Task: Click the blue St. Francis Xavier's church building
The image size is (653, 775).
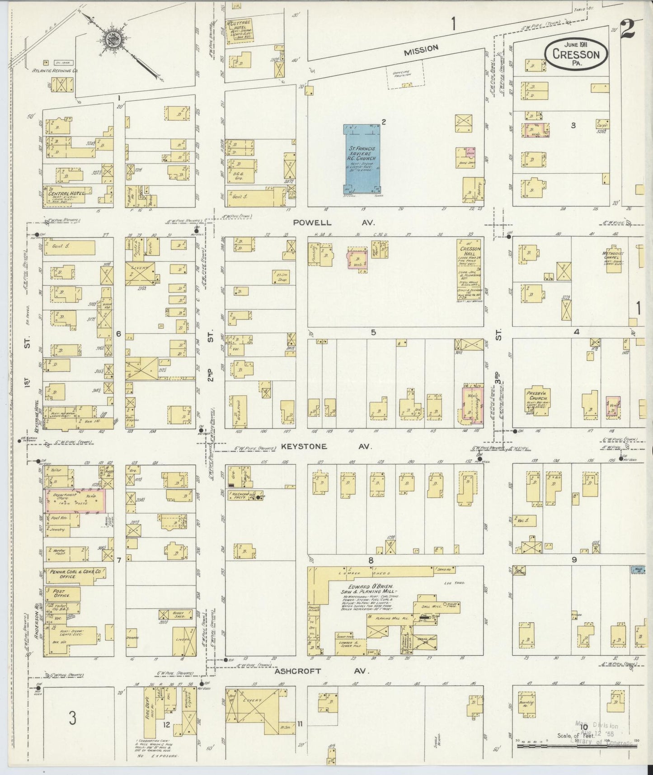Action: [362, 158]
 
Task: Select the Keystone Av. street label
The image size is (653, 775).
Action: [326, 446]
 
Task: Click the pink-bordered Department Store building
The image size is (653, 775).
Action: [75, 501]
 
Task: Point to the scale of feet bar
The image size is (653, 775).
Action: [575, 744]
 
